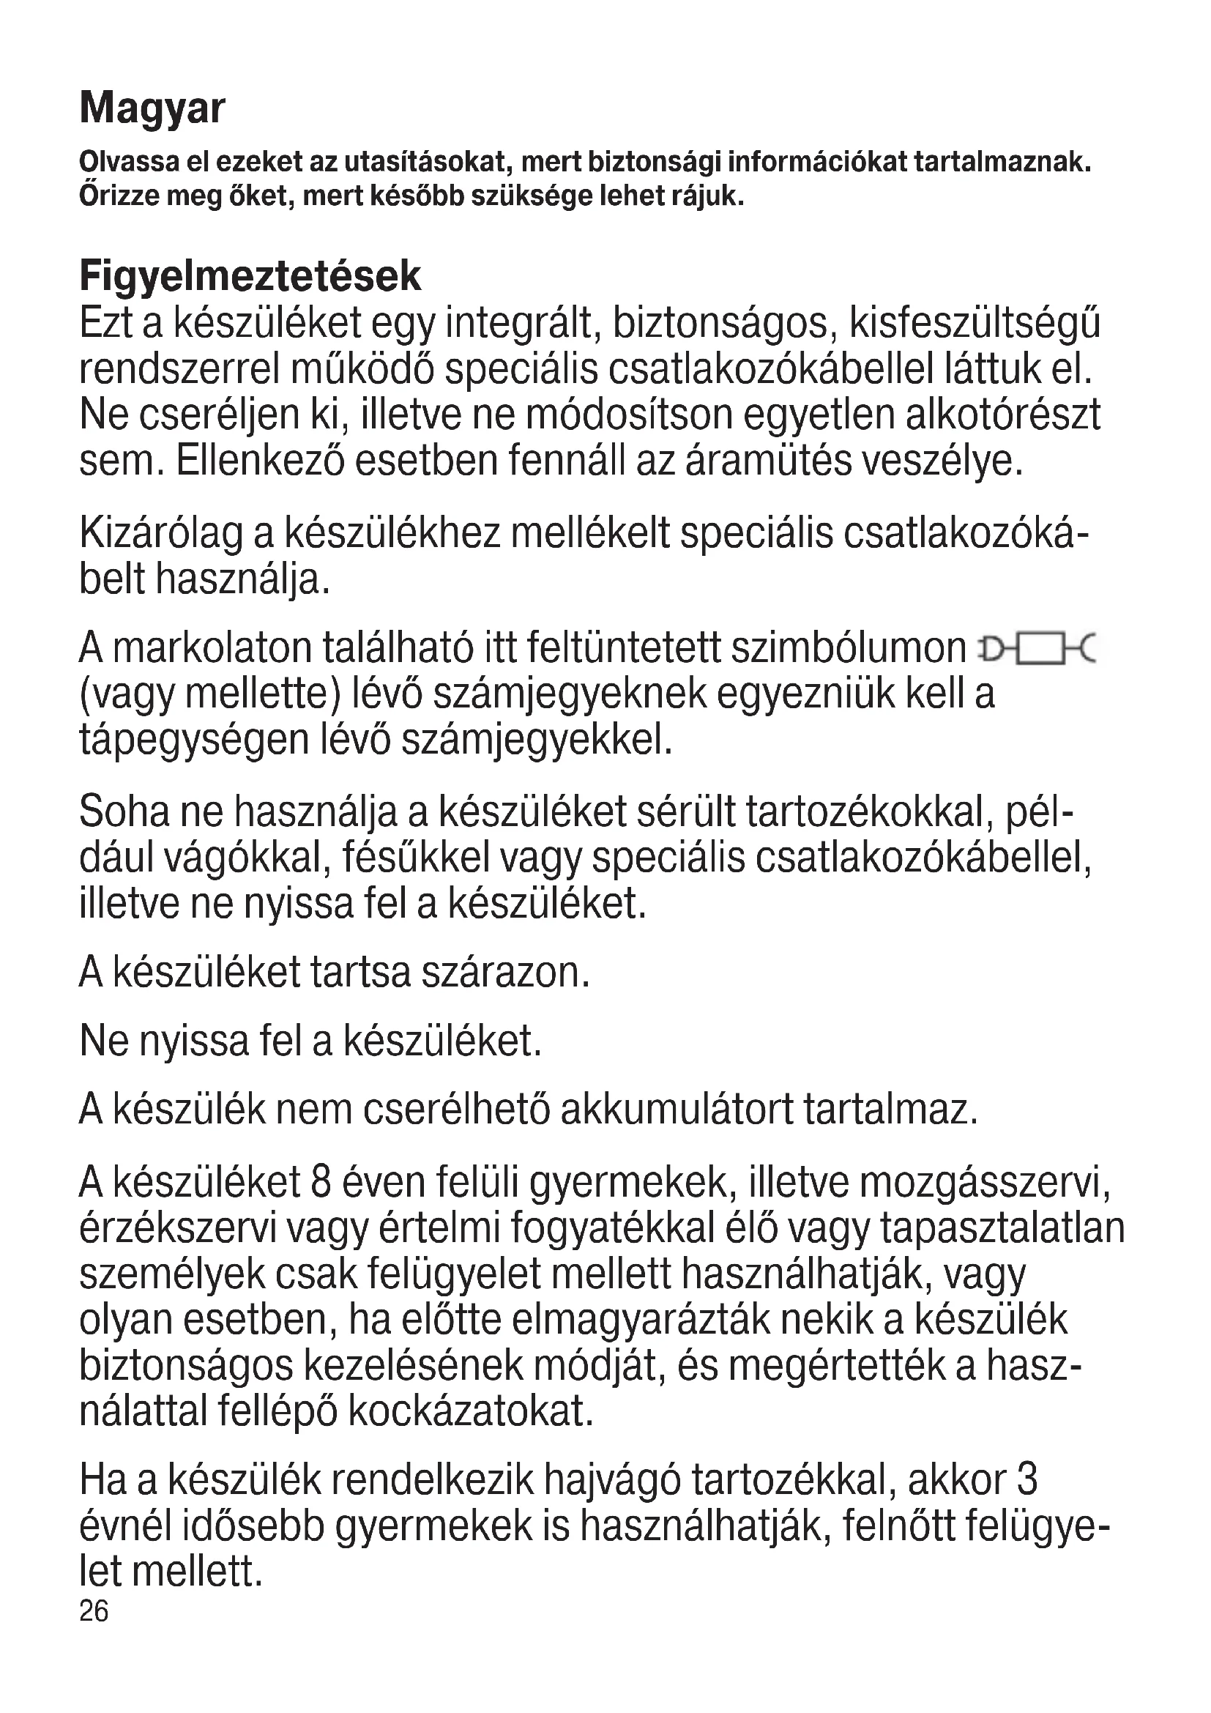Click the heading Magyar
[x=152, y=109]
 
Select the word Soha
[x=124, y=811]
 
